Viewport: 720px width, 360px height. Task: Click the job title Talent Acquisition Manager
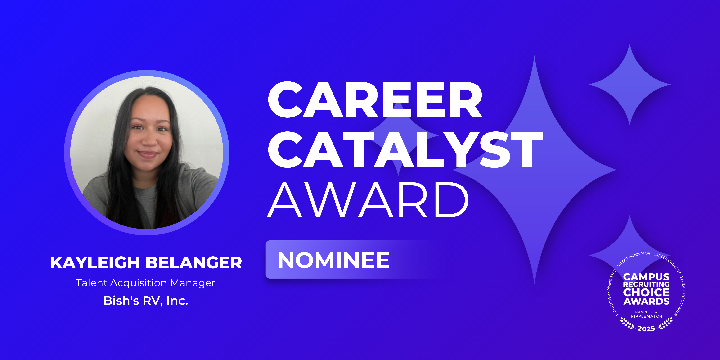tap(145, 283)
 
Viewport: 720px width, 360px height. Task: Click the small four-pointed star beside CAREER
tap(630, 84)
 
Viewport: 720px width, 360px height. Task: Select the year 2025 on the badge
tap(646, 329)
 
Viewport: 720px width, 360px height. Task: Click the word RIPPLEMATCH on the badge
tap(646, 316)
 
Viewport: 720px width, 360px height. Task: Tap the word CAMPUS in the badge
tap(646, 277)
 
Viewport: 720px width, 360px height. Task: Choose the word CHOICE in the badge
tap(646, 292)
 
